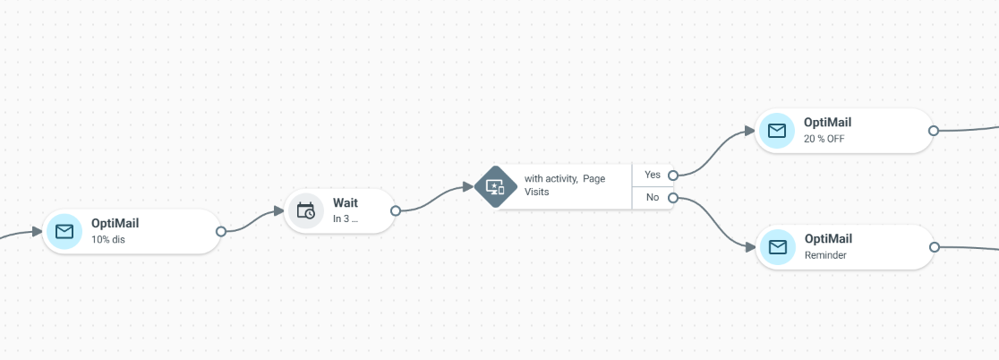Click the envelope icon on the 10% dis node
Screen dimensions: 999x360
(64, 231)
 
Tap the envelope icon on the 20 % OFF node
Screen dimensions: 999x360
(777, 131)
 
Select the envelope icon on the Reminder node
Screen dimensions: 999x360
(778, 247)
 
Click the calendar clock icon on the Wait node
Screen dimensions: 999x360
(306, 211)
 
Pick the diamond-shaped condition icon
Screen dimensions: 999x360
(496, 186)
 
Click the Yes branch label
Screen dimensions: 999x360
(653, 175)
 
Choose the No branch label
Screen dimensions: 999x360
(653, 198)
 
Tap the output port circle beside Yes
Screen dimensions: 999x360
(673, 176)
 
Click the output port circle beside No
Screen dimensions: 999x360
(673, 198)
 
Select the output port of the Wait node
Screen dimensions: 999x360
(396, 211)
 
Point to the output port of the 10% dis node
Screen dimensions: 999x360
(221, 231)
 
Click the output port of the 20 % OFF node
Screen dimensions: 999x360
(934, 131)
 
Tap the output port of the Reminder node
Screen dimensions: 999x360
(934, 247)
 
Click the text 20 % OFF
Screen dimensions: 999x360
(824, 138)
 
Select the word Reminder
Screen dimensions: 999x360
(825, 255)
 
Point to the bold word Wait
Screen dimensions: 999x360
(346, 203)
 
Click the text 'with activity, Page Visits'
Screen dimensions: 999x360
(565, 184)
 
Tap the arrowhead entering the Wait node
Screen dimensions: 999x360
(278, 211)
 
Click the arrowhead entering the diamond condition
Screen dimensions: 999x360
(468, 187)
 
